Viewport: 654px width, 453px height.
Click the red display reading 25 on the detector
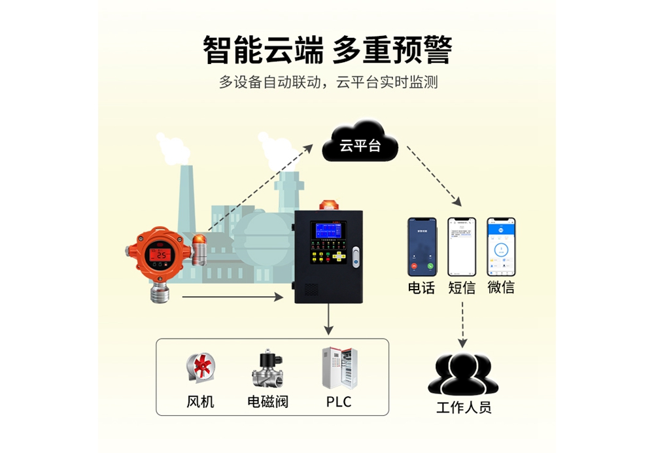coord(160,254)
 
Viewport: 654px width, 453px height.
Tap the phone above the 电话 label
coord(422,246)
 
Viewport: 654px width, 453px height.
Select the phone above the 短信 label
coord(462,246)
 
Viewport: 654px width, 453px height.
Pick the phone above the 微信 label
coord(501,246)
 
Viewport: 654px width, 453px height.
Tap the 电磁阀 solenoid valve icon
coord(267,369)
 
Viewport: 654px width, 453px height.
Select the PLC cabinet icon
coord(338,368)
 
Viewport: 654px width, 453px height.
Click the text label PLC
coord(339,401)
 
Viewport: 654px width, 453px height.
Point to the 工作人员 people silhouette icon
coord(463,374)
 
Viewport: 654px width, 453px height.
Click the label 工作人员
coord(463,408)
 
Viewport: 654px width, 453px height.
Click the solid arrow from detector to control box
coord(235,297)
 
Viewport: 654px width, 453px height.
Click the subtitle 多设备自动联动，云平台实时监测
coord(328,82)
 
